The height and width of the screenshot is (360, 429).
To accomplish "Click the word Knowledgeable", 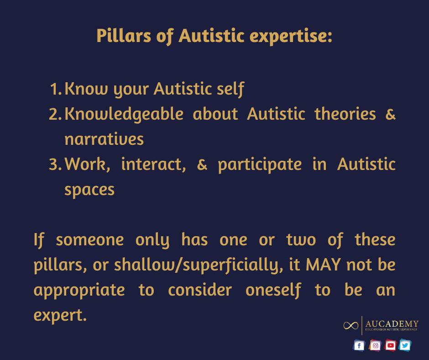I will (124, 114).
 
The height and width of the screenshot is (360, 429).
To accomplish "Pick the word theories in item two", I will (345, 114).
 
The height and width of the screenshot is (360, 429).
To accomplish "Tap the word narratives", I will (104, 139).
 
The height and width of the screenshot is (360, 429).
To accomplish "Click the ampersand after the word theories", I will (390, 114).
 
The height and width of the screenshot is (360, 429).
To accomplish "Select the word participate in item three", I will (260, 164).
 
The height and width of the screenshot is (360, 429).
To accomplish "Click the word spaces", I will (89, 190).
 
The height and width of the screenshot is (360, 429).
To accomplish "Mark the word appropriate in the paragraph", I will (79, 290).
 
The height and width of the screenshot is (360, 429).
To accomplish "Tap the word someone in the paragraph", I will (90, 239).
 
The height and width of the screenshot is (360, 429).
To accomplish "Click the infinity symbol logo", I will (351, 325).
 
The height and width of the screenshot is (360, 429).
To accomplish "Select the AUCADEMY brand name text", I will (392, 324).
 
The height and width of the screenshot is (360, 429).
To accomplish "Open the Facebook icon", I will (359, 345).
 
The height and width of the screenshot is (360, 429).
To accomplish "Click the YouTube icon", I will (390, 345).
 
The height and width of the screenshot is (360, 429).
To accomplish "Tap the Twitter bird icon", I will (405, 345).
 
